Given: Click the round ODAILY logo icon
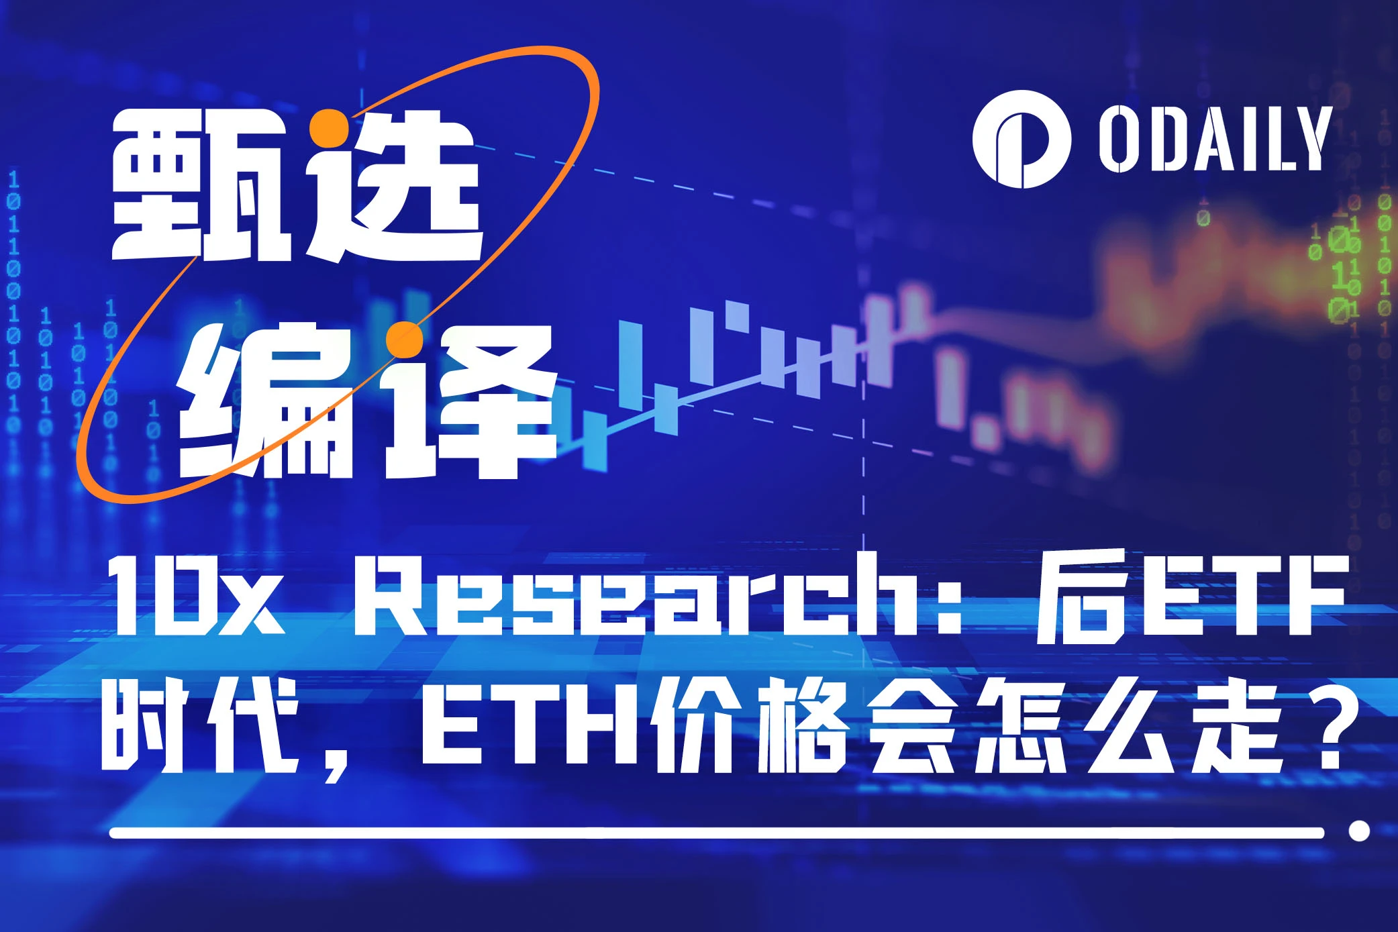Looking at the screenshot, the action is pos(1021,139).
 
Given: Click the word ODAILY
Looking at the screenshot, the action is pos(1215,139).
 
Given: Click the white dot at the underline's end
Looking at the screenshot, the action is pos(1359,831).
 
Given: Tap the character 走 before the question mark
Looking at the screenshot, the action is pos(1235,725).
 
